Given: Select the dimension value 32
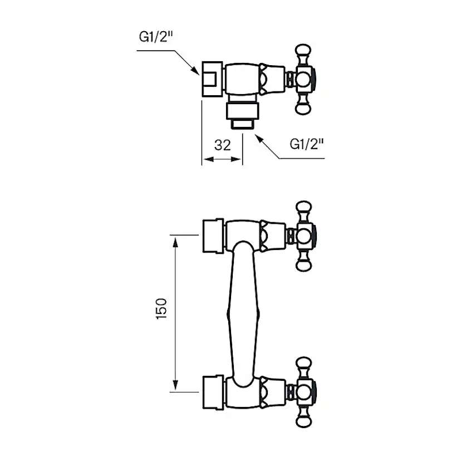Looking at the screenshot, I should coord(223,145).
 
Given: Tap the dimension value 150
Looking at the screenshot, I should coord(161,308).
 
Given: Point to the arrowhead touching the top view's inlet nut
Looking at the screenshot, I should coord(195,71).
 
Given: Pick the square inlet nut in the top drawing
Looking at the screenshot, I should coord(212,79).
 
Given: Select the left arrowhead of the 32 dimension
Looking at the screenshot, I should coord(205,160).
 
